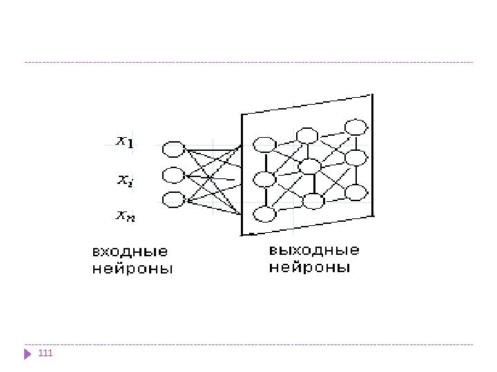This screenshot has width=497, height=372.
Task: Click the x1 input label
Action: coord(125,142)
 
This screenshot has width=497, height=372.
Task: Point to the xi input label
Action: coord(125,180)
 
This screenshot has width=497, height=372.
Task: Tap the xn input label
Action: coord(125,217)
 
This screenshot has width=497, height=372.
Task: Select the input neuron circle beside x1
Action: coord(174,149)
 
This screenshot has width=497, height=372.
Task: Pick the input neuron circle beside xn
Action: coord(174,200)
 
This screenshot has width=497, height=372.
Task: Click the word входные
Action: coord(130,251)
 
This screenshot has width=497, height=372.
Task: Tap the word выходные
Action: coord(315,249)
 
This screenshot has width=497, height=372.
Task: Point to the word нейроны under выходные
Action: coord(309,267)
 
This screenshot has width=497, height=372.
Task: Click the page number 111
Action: coord(46,354)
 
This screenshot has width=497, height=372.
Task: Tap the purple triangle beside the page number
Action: coord(28,354)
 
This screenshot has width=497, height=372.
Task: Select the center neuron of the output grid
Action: coord(310,166)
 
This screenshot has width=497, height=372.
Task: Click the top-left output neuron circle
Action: coord(264,145)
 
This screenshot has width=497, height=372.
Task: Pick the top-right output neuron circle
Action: coord(356,127)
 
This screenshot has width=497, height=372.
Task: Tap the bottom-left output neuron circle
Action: coord(264,214)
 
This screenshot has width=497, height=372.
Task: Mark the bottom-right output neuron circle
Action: coord(355,193)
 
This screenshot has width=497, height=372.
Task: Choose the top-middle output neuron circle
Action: coord(306,135)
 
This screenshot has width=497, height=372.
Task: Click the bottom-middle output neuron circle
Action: coord(313,202)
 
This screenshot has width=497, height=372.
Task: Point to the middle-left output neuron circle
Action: coord(264,180)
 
